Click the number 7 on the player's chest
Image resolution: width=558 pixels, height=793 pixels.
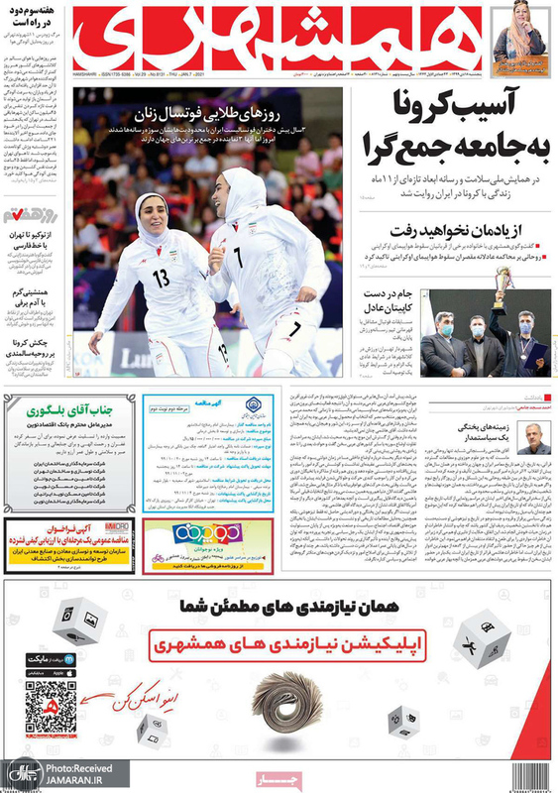point(238,257)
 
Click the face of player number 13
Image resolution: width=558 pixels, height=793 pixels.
point(151,213)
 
